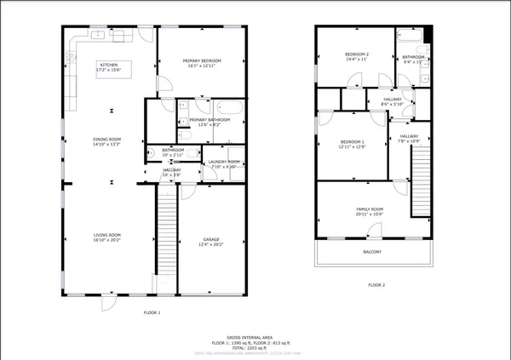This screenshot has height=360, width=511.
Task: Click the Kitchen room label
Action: pos(109,66)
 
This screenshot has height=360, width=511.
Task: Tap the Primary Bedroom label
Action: pos(203,62)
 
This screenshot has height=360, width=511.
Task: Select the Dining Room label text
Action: pos(107,140)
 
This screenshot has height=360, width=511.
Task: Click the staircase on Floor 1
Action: pos(166,238)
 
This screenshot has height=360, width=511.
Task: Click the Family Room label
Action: pos(370,211)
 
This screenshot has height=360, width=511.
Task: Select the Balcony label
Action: pos(372,252)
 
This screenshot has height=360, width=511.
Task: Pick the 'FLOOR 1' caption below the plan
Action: pos(152,313)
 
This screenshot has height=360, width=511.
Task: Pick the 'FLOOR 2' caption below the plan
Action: pos(376,285)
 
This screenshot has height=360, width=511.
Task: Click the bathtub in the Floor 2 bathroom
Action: pos(413,37)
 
